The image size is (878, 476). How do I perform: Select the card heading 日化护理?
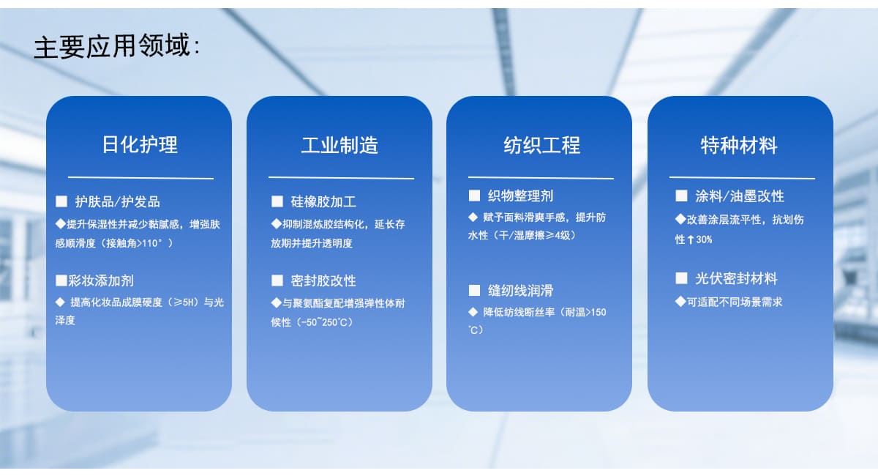coord(140,145)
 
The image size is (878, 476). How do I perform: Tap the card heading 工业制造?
coord(339,145)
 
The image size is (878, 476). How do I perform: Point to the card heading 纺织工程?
coord(541,145)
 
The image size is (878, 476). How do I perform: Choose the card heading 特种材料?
coord(739,146)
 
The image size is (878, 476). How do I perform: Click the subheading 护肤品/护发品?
coord(118,201)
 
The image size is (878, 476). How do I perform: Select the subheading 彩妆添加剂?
coord(101,280)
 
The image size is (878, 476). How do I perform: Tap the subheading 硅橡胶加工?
coord(323,201)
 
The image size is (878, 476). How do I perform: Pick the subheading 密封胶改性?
coord(323,280)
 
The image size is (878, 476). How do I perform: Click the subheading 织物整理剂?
coord(520,196)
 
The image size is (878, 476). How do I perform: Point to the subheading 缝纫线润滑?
coord(520,291)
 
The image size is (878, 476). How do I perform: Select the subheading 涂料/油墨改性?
coord(740,196)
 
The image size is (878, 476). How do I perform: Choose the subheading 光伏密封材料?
coord(736,278)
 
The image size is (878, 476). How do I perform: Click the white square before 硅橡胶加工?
coord(277,201)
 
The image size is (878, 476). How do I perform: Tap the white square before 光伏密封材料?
coord(682,278)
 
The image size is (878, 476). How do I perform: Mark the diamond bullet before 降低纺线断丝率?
coord(473,312)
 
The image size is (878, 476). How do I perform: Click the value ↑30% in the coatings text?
coord(699,239)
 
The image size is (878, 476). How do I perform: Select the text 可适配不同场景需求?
coord(735,302)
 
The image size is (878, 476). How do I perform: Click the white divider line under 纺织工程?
coord(541,178)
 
